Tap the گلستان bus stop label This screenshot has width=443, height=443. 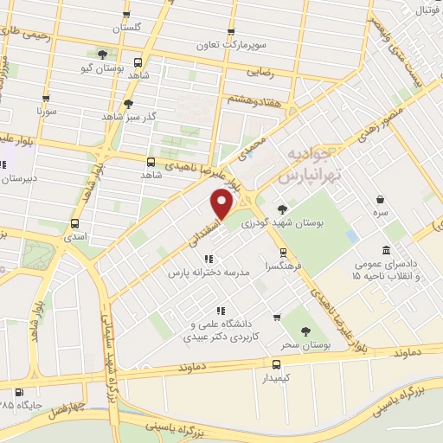[x=127, y=28]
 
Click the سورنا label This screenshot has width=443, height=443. [x=46, y=112]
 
